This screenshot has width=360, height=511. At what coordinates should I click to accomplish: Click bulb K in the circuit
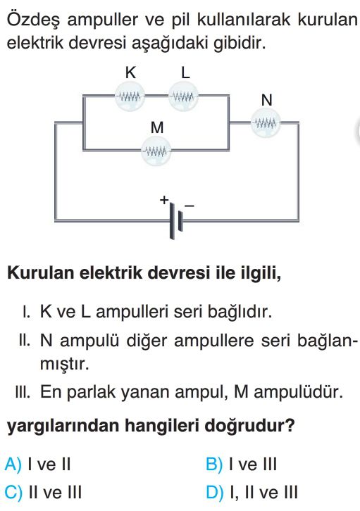[130, 96]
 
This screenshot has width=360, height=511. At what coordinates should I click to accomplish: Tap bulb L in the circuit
[183, 96]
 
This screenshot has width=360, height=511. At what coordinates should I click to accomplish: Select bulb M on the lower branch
[156, 151]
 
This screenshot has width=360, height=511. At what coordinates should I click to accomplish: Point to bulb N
[266, 123]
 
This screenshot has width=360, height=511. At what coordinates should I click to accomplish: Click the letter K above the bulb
[130, 72]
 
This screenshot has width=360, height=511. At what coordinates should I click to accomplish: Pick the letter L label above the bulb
[185, 72]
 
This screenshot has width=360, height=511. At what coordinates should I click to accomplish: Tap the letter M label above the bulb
[157, 127]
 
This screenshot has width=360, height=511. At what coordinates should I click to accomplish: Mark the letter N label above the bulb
[266, 100]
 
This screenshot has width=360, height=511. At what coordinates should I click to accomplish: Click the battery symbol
[176, 220]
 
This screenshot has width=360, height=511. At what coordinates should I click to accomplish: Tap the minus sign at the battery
[190, 206]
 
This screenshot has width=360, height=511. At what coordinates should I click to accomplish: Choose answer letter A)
[13, 464]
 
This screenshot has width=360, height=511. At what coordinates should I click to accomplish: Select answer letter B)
[214, 464]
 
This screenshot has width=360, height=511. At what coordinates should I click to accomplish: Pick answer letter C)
[13, 492]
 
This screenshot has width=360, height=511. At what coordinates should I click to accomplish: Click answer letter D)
[215, 492]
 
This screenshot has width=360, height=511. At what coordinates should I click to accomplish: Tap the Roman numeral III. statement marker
[23, 391]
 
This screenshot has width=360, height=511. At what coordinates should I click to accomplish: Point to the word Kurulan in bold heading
[41, 272]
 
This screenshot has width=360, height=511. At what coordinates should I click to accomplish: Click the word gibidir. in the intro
[240, 44]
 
